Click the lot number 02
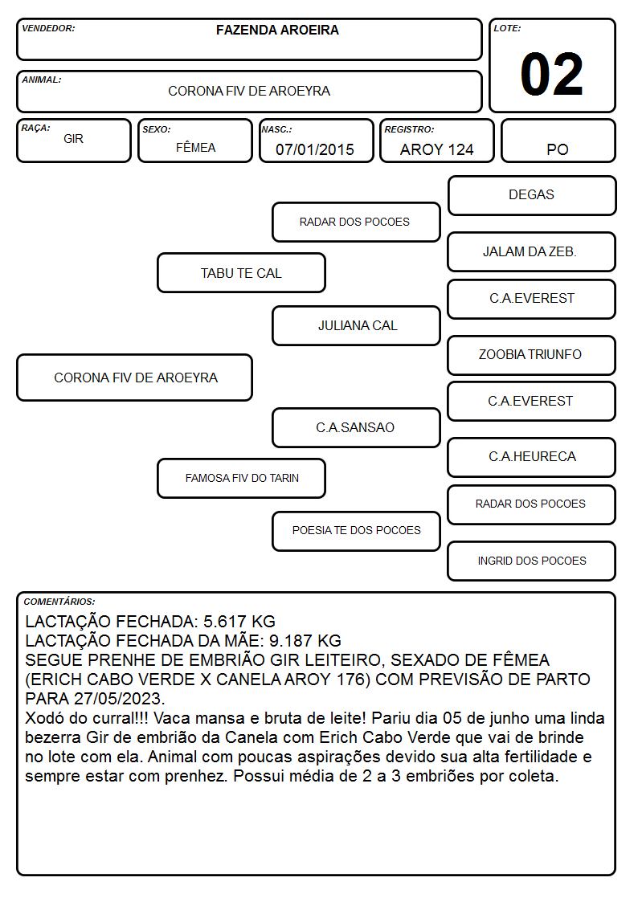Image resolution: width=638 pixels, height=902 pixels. point(552,74)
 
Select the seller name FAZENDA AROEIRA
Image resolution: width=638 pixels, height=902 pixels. point(277,30)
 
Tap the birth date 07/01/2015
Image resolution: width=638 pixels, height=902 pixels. point(315,149)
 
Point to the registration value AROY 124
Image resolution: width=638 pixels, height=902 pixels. point(436,149)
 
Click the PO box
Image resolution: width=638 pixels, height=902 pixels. point(558,141)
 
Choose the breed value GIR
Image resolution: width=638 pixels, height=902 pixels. point(73,139)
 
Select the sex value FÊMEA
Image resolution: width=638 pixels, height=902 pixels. point(195,147)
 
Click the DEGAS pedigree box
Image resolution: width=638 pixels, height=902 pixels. point(532,196)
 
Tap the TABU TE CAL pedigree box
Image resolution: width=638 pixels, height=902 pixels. point(241,272)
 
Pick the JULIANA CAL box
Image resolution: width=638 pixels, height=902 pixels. point(356,325)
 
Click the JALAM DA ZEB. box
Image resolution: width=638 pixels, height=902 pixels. point(532,251)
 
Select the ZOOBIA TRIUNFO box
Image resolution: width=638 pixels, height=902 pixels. point(532,355)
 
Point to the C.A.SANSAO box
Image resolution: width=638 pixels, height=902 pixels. point(356,427)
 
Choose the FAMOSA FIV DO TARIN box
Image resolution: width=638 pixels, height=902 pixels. point(241,478)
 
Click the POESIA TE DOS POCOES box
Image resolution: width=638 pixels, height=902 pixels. point(356,531)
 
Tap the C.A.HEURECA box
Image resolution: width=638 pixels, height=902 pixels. point(532,457)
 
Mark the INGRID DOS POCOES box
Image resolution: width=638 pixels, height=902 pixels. point(532,561)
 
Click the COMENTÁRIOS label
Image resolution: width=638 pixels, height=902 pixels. point(59,602)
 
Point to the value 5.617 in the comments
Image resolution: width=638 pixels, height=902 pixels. point(224,621)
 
